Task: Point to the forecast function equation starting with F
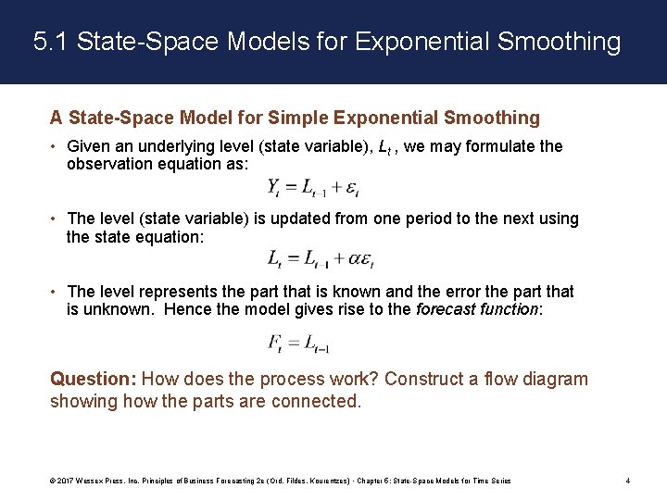[298, 343]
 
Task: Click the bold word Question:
[93, 379]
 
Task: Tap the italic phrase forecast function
[476, 309]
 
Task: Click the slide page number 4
[628, 481]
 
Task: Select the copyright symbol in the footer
[54, 481]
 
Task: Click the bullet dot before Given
[56, 146]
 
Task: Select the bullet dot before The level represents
[56, 291]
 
